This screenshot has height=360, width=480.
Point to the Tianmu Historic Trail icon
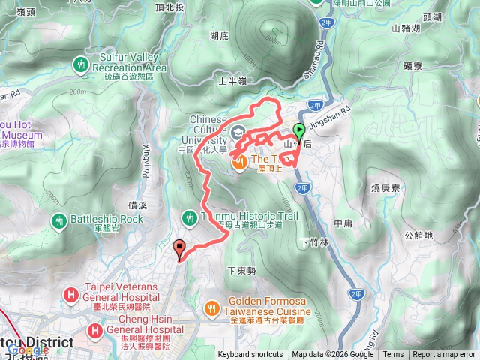[189, 217]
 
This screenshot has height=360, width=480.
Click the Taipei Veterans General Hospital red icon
[71, 293]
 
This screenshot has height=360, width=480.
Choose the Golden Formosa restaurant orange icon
[213, 307]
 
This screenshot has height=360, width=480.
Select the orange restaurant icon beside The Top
[240, 160]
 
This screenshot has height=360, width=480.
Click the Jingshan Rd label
[350, 109]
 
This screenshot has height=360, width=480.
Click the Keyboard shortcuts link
[250, 355]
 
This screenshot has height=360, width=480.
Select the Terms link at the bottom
[393, 355]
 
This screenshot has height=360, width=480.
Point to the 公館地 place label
[418, 235]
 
